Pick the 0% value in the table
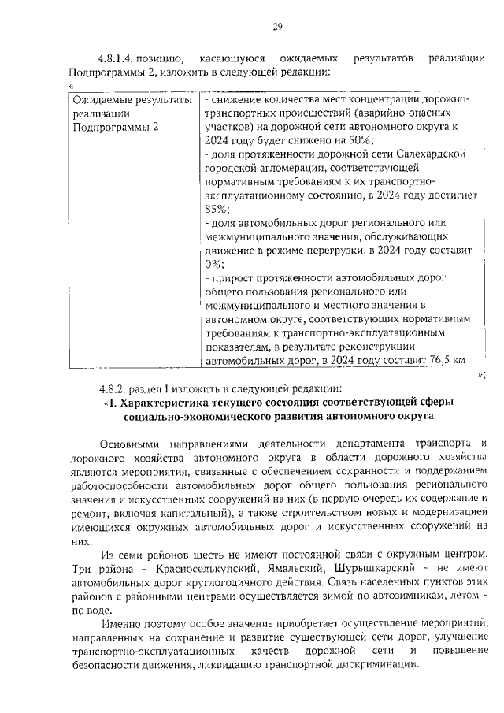(x=213, y=264)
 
